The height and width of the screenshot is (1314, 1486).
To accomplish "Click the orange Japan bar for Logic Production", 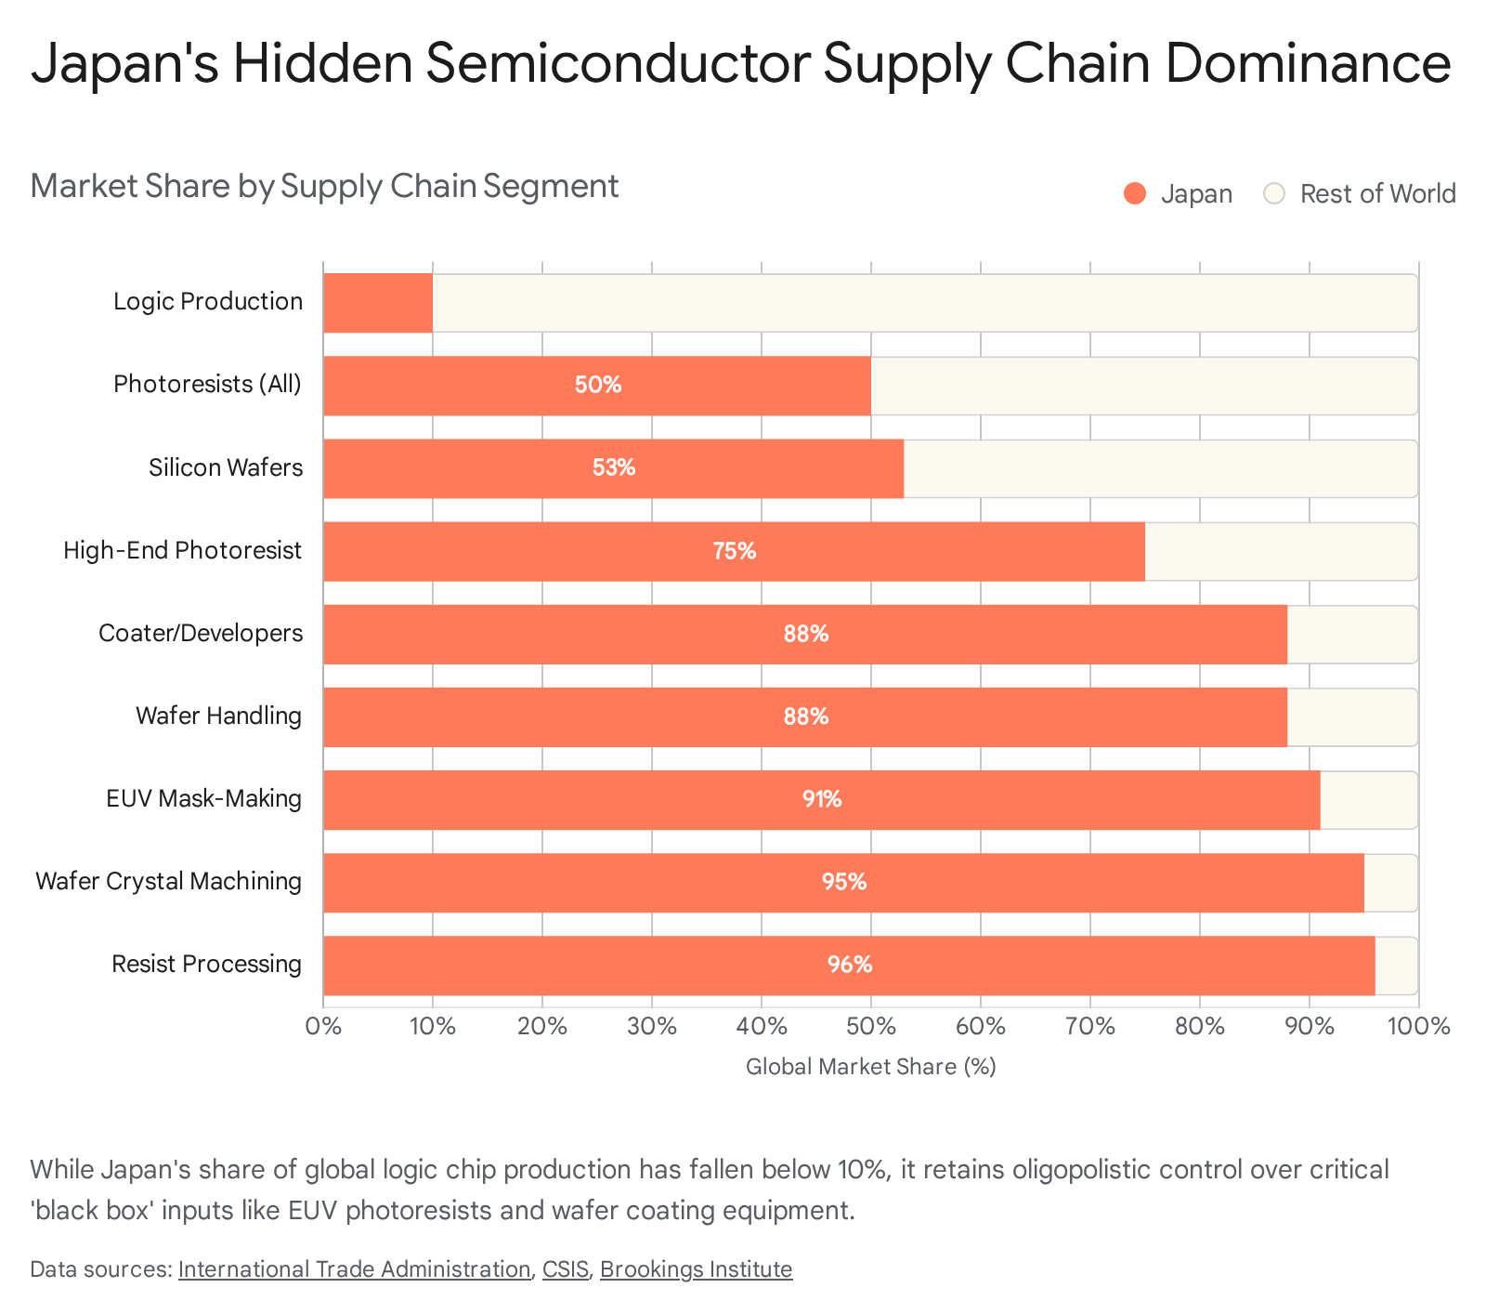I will pos(378,303).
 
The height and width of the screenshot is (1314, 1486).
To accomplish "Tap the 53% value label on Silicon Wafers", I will pos(614,467).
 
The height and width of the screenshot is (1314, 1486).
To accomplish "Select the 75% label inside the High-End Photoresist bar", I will pos(735,551).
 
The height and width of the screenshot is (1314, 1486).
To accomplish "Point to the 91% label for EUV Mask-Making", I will pos(822,799).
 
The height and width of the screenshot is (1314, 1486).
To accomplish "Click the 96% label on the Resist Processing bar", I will pos(850,965).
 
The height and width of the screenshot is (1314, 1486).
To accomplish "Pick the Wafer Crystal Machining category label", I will pos(169,881).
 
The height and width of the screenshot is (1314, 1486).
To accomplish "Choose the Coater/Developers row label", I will pos(201,633).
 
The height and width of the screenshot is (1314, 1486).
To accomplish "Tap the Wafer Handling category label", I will pos(218,716).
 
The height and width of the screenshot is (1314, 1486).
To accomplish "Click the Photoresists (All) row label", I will pos(208,384).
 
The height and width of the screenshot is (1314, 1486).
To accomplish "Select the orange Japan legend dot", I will pos(1134,193).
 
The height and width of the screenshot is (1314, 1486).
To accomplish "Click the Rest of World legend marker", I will pos(1274,193).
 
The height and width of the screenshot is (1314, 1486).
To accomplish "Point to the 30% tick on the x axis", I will pos(652,1027).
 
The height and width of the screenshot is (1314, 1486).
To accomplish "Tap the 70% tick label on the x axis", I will pos(1089,1027).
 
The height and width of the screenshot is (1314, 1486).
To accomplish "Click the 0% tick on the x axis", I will pos(323,1027).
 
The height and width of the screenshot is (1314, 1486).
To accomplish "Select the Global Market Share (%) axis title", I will pos(870,1067).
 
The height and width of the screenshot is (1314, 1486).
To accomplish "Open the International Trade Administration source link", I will pos(354,1269).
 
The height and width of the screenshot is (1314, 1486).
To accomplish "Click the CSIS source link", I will pos(565,1269).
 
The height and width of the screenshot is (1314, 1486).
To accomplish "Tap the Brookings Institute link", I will pos(696,1269).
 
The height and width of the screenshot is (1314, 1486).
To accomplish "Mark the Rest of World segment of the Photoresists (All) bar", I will pos(1143,386).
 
